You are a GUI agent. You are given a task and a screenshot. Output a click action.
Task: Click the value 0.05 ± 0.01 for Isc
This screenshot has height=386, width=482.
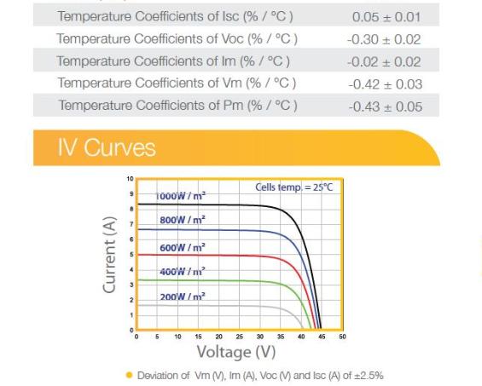(x=386, y=16)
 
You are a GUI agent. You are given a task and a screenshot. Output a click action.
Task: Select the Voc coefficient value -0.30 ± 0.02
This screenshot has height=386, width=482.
(x=384, y=39)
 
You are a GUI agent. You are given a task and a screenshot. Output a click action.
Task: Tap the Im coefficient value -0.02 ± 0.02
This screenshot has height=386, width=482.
(x=384, y=61)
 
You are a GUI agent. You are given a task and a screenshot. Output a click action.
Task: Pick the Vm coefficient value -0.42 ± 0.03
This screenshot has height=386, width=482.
(x=386, y=84)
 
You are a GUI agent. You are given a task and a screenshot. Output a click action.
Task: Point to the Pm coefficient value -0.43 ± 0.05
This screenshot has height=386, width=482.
(x=386, y=107)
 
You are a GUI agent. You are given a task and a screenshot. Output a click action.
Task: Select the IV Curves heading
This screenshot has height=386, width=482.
(x=107, y=147)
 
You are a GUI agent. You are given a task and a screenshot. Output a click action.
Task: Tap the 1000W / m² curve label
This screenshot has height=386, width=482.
(x=180, y=196)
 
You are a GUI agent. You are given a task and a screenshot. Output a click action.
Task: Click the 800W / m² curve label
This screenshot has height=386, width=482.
(x=183, y=220)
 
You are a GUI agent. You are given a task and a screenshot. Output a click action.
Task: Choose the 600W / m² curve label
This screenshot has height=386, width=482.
(x=183, y=247)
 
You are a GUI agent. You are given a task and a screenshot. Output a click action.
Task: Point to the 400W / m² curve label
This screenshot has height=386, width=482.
(x=183, y=272)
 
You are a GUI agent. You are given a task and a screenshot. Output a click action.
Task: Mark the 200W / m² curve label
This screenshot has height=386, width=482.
(x=183, y=297)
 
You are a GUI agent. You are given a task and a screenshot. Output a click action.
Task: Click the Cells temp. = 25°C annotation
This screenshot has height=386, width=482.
(x=294, y=187)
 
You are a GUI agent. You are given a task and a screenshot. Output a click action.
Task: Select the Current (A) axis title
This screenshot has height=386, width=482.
(x=109, y=255)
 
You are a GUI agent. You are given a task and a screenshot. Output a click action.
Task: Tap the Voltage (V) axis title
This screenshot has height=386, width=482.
(x=236, y=352)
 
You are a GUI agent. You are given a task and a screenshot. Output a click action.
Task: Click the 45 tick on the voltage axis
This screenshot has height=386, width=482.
(x=322, y=337)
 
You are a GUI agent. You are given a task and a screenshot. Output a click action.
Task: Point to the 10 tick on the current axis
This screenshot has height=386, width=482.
(x=130, y=179)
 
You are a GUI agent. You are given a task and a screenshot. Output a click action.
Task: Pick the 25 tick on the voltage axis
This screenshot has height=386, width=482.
(x=240, y=337)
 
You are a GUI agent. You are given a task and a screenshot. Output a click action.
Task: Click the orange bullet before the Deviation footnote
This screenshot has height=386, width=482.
(x=130, y=375)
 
